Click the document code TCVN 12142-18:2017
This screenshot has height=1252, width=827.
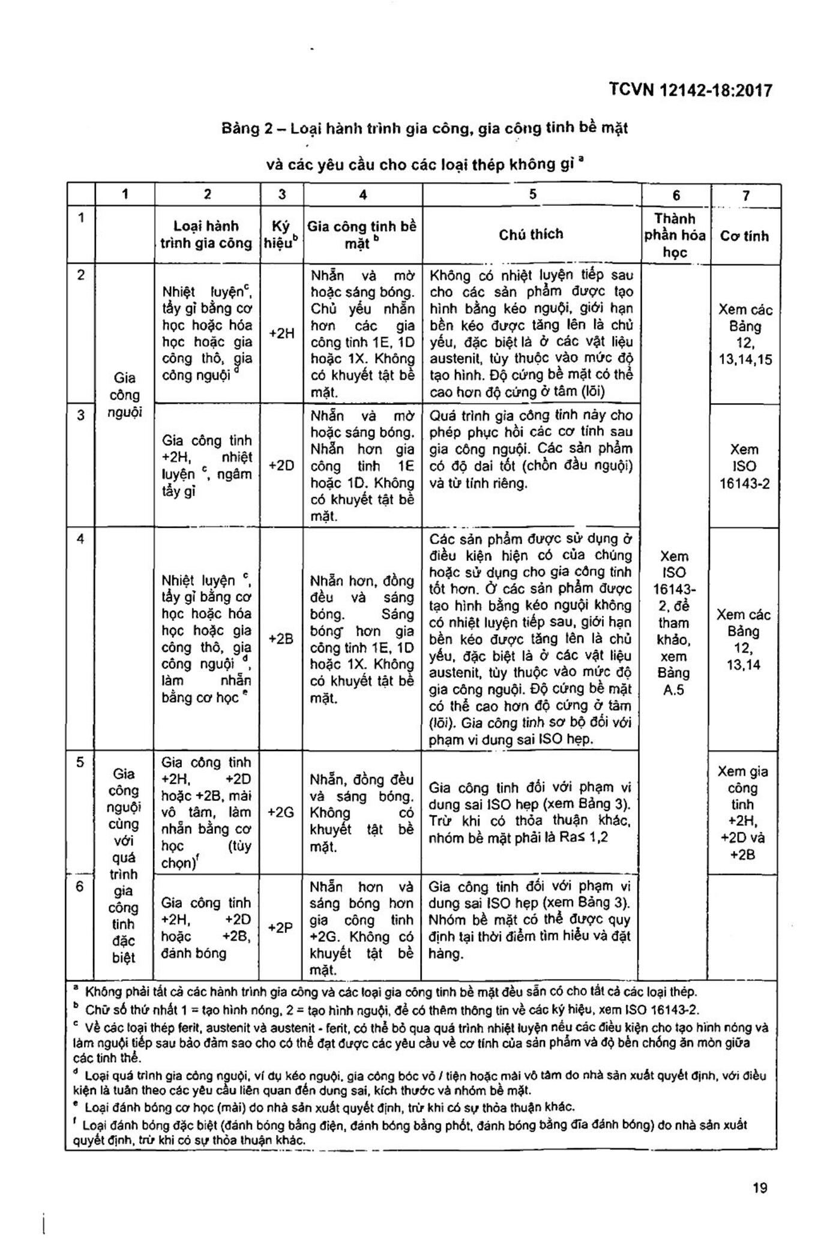point(690,91)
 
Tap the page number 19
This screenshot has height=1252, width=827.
point(759,1187)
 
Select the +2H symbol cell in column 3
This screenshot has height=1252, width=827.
point(281,334)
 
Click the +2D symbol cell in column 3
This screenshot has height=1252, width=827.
point(281,466)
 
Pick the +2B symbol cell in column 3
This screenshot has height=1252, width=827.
point(281,638)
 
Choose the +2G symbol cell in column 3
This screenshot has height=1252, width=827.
point(281,812)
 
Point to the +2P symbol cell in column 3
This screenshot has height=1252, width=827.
point(281,927)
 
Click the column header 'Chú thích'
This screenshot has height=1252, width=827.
point(531,234)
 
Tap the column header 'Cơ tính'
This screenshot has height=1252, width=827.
point(744,236)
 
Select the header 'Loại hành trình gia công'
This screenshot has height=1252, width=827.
point(206,235)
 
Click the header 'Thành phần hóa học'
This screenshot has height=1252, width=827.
point(675,235)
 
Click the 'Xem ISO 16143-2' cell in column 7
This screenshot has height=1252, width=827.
point(744,466)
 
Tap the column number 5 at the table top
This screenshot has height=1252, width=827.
point(533,194)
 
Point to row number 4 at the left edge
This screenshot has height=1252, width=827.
point(80,539)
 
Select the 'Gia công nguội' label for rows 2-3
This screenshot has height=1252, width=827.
point(124,395)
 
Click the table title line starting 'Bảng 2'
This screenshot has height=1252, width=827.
point(425,128)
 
